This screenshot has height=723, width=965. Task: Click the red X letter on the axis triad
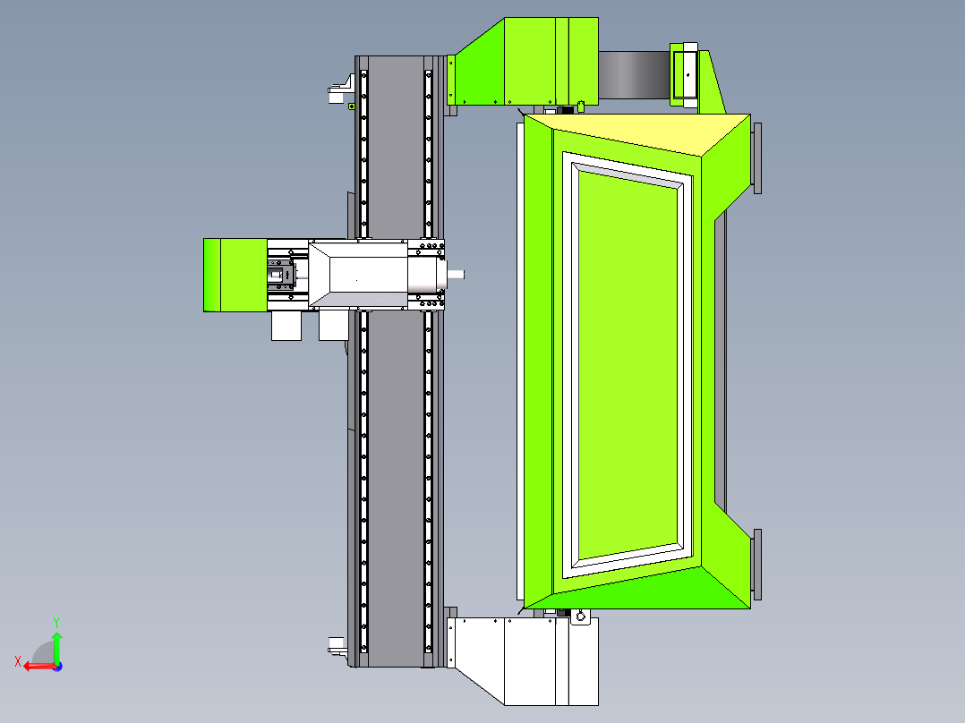tap(18, 661)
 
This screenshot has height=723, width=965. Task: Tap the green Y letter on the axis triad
tap(56, 622)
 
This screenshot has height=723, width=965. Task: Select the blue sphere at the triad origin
tap(57, 667)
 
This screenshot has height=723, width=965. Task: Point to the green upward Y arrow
tap(56, 646)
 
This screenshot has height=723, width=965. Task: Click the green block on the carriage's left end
tap(235, 275)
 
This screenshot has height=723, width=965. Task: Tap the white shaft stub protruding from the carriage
tap(456, 275)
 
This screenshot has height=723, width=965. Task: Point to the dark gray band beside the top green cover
tap(634, 75)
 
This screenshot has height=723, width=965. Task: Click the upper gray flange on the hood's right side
tap(757, 158)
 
